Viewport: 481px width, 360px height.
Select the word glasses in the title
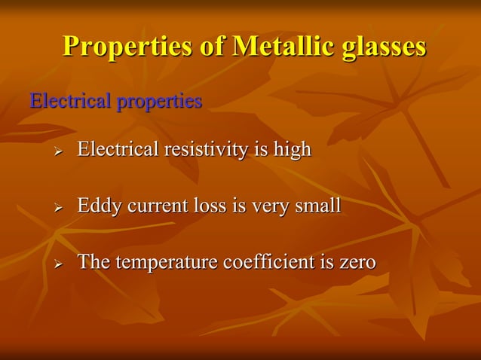[x=384, y=47]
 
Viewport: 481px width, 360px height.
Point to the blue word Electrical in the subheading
[x=69, y=101]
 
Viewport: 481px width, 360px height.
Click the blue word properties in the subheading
[x=159, y=102]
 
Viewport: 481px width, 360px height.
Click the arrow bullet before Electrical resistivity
[x=57, y=151]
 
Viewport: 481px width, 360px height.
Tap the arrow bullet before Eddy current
[x=57, y=207]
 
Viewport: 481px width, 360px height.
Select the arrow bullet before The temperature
[x=57, y=264]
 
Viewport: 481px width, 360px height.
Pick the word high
[x=292, y=151]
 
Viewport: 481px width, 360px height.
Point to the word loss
[x=208, y=206]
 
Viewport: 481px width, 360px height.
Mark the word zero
[x=357, y=263]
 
